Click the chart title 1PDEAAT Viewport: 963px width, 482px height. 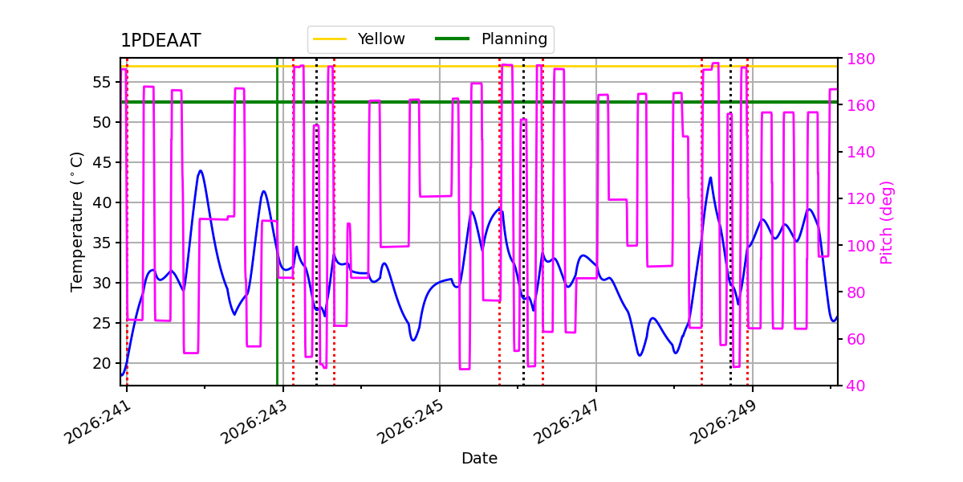160,40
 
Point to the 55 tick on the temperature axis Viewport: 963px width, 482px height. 103,82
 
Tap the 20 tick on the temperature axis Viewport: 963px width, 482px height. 103,364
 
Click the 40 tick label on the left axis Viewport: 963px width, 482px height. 103,202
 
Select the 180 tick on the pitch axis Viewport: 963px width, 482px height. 860,59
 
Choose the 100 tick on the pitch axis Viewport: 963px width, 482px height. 860,246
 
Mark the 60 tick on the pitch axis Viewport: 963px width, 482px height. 856,340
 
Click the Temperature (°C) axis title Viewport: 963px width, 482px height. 76,222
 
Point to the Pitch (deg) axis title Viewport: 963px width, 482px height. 887,223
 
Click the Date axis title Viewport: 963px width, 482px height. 479,459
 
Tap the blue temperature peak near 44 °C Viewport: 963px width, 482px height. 201,171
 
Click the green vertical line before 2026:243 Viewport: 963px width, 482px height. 278,222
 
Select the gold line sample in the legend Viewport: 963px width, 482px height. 330,39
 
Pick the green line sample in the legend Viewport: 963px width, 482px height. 453,39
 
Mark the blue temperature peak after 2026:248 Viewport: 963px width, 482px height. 711,178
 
